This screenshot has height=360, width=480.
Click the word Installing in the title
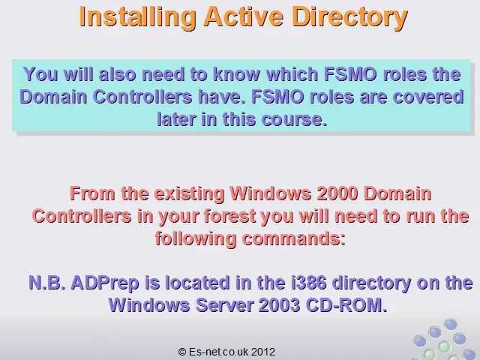137,18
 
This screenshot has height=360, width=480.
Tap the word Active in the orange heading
243,16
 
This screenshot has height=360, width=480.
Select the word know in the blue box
236,74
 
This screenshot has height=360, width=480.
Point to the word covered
428,97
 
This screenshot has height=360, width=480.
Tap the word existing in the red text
189,194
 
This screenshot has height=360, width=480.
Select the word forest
229,216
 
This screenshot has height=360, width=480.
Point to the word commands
293,238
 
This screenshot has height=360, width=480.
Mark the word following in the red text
195,239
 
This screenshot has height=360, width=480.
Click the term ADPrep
105,283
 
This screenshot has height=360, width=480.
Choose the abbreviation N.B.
46,283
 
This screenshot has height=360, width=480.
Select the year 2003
279,305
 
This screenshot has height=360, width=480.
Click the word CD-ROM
346,305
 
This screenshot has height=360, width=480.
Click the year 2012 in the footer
263,352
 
